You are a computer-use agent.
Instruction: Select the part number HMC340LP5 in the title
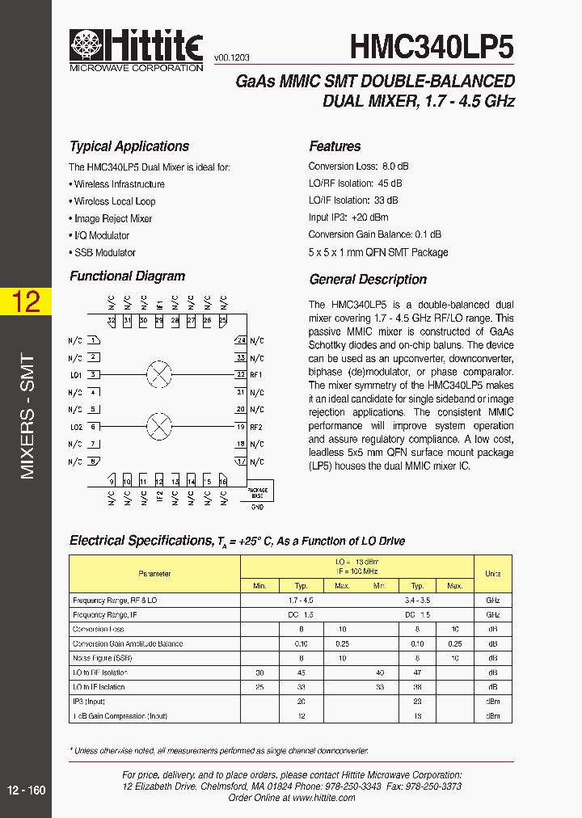(x=432, y=47)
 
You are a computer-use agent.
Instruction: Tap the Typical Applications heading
(x=129, y=146)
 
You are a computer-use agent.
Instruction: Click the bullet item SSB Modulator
(x=104, y=252)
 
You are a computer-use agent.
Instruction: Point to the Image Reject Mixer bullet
(x=112, y=218)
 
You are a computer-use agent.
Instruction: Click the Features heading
(x=335, y=146)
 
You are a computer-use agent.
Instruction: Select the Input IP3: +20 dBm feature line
(x=348, y=217)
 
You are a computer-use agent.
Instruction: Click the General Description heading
(x=368, y=280)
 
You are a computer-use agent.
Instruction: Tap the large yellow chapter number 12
(x=26, y=302)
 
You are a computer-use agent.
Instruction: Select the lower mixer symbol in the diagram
(x=159, y=425)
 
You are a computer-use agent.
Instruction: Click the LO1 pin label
(x=76, y=375)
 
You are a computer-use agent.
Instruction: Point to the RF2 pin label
(x=256, y=427)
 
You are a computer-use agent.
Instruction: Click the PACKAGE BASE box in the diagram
(x=257, y=491)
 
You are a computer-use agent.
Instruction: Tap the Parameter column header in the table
(x=154, y=574)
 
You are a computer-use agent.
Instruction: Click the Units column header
(x=492, y=574)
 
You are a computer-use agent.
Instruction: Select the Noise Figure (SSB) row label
(x=102, y=658)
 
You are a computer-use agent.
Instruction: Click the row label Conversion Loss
(x=99, y=629)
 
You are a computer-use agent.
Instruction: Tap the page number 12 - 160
(x=26, y=790)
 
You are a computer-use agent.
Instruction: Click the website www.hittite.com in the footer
(x=323, y=797)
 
